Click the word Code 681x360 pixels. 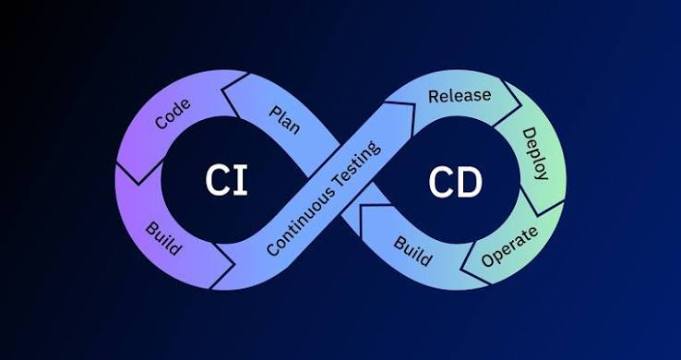point(173,114)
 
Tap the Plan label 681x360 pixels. point(284,119)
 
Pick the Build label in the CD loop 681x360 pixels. point(413,251)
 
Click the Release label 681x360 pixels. point(460,95)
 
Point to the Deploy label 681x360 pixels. point(535,153)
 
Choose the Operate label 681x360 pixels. point(509,246)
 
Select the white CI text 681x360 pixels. point(226,180)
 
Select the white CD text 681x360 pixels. point(455,183)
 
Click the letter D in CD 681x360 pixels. point(470,183)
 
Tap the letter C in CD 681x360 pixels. point(441,183)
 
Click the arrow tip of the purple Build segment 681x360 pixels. point(234,264)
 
